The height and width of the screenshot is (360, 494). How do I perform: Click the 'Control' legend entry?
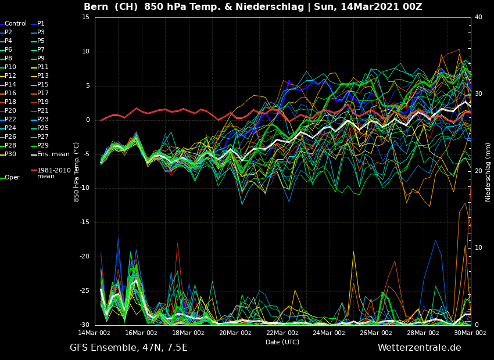pos(16,24)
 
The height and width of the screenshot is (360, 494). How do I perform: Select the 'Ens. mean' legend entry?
pos(53,154)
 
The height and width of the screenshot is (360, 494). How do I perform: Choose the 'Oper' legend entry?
pos(12,178)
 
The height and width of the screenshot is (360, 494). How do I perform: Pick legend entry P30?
pos(10,154)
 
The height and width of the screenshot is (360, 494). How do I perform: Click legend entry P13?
pos(43,76)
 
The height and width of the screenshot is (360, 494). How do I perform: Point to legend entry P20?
pos(10,111)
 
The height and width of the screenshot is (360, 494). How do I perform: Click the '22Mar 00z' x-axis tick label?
pos(282,333)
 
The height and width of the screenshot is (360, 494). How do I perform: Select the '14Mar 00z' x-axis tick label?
pos(94,333)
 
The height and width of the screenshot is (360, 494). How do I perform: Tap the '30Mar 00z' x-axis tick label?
pos(470,333)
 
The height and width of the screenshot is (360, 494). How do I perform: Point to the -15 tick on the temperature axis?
pos(85,222)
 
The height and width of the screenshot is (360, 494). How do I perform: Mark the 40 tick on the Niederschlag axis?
pos(478,17)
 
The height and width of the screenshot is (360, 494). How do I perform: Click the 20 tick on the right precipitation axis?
pos(478,171)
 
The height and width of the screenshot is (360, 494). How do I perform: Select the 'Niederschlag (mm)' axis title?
pos(488,172)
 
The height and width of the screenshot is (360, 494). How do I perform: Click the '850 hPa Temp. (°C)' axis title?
pos(76,172)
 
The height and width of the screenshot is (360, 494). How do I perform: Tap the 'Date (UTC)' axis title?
pos(282,343)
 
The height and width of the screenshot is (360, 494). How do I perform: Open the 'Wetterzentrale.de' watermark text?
pos(419,348)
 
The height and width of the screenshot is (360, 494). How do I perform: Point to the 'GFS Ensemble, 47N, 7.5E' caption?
pos(128,348)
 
